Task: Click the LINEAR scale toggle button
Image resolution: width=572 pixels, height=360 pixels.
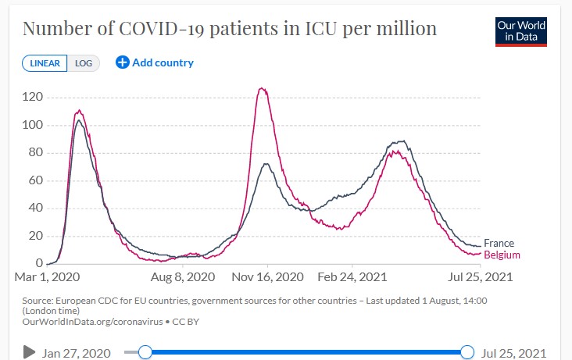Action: [x=45, y=63]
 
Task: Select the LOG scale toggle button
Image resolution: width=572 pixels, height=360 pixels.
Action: [x=84, y=63]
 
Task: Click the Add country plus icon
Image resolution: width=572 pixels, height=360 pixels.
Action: [x=122, y=62]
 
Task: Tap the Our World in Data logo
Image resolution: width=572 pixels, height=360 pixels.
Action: [x=521, y=30]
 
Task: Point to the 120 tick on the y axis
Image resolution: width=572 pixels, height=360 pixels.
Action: [x=33, y=98]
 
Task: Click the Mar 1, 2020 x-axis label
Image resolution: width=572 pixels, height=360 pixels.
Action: [x=47, y=277]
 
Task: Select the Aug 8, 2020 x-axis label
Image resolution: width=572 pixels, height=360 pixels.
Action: [x=183, y=277]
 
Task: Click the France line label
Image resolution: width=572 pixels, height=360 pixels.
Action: [x=499, y=244]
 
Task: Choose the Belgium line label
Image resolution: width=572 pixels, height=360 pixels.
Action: [x=502, y=255]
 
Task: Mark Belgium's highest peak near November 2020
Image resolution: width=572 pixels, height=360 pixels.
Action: [x=263, y=88]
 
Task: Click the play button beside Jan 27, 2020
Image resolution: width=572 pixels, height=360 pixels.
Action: [x=30, y=352]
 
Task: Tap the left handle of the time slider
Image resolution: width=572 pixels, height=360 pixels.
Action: [x=145, y=352]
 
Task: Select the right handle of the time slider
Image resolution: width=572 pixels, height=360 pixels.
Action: [x=467, y=352]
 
